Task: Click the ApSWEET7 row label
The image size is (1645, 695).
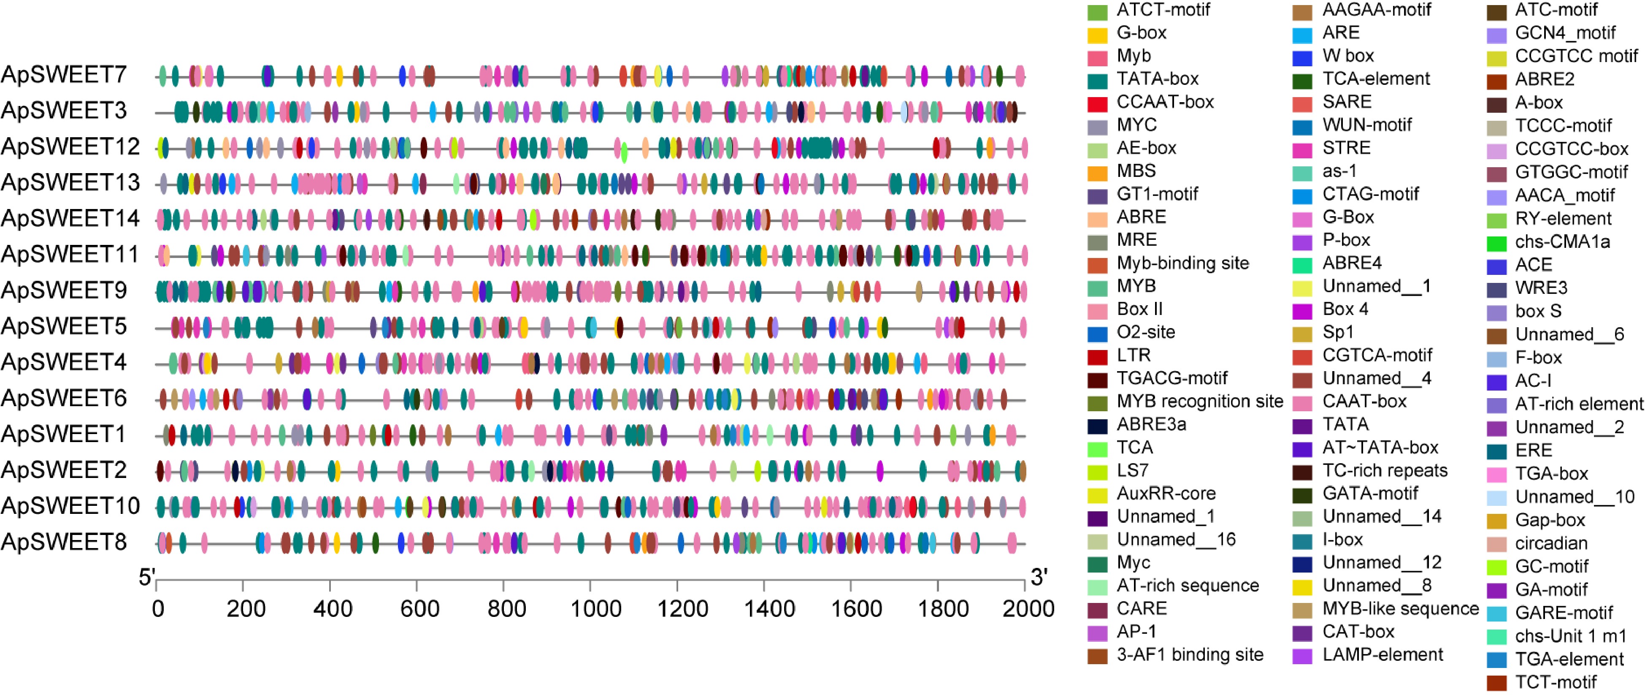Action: (x=64, y=75)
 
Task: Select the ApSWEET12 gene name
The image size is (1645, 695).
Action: (x=70, y=147)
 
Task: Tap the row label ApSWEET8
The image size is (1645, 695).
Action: (x=64, y=542)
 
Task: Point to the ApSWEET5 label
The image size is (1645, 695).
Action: (x=64, y=326)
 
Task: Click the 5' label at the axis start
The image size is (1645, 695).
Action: (x=147, y=578)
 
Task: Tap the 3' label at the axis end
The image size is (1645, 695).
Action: (x=1039, y=578)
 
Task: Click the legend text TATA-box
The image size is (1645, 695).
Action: (x=1157, y=79)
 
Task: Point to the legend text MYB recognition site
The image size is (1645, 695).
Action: (x=1199, y=401)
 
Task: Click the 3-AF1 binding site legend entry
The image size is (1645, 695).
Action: (x=1190, y=655)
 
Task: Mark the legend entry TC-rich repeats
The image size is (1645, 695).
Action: (x=1385, y=471)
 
